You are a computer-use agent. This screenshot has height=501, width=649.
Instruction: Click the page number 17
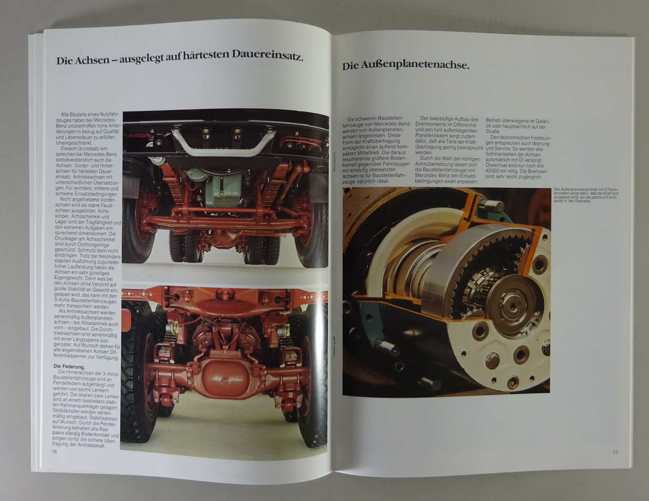pos(615,452)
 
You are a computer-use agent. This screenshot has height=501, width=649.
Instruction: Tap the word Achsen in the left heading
pos(92,60)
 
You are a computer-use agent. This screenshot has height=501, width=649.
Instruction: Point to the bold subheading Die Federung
pos(69,366)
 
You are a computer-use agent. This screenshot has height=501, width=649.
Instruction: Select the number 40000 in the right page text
pos(494,171)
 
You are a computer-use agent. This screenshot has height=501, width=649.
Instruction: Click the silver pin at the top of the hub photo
pos(494,207)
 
